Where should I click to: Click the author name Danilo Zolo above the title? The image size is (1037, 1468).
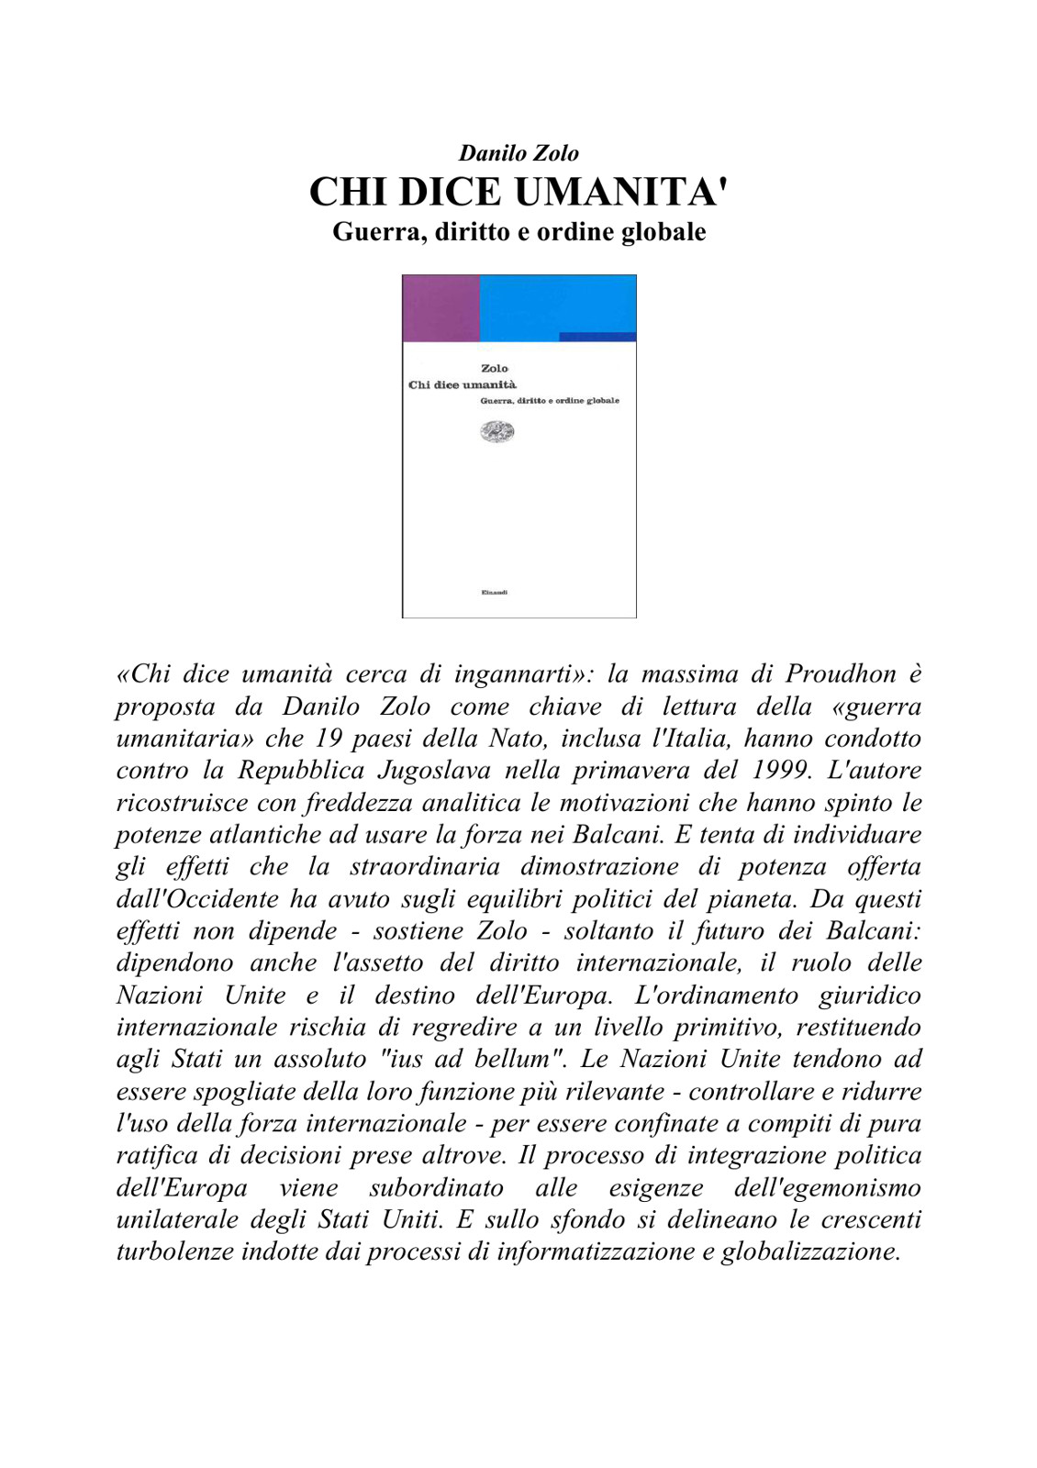point(518,153)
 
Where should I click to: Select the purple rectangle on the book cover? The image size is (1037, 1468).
point(441,308)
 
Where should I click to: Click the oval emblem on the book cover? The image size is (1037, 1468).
point(497,431)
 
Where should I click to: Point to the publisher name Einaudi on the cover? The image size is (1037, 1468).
point(495,592)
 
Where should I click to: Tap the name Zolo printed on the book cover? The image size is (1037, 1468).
point(495,368)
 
